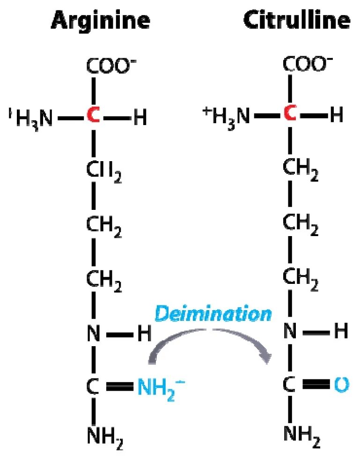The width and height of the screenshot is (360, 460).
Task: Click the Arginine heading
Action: [101, 21]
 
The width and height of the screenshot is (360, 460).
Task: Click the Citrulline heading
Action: [297, 21]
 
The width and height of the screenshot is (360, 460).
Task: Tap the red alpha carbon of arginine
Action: [93, 117]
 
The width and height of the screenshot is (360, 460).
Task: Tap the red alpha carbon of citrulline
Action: [291, 114]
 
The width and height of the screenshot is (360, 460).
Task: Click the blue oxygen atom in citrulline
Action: [342, 385]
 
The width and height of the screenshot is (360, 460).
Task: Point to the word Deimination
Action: [213, 314]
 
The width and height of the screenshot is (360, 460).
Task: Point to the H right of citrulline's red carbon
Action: [336, 114]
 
